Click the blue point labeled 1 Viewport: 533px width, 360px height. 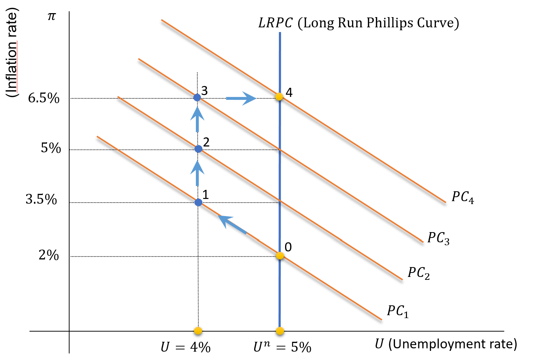(x=198, y=202)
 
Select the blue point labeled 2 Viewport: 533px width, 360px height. (x=198, y=149)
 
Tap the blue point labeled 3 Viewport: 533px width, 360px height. (x=197, y=97)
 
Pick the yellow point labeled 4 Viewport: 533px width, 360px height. (x=279, y=97)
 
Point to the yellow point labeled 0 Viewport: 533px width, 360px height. (x=280, y=255)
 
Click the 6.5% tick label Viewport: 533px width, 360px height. (x=44, y=98)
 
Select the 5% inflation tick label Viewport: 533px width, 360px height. (x=51, y=148)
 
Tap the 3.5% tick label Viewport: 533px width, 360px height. (x=41, y=200)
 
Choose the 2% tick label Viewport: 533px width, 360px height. (x=49, y=255)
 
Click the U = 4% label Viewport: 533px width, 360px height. (x=186, y=347)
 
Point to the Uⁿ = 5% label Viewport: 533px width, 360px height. (x=283, y=347)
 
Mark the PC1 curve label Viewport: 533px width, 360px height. (x=398, y=312)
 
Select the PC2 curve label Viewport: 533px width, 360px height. (x=418, y=273)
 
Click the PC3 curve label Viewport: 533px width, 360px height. (x=438, y=238)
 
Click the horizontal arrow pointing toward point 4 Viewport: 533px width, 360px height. (x=241, y=98)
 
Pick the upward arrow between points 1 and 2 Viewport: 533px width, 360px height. (x=197, y=173)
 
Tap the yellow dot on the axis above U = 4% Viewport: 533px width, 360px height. (x=198, y=331)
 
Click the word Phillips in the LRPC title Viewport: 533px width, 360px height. (x=390, y=23)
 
